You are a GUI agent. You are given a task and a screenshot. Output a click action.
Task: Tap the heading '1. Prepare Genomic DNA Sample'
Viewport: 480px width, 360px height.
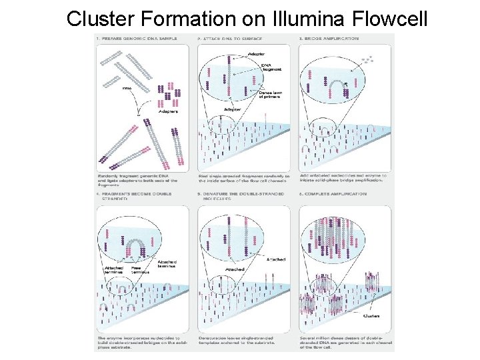tap(137, 39)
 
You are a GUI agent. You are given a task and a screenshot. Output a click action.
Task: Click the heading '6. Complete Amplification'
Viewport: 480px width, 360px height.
tap(333, 194)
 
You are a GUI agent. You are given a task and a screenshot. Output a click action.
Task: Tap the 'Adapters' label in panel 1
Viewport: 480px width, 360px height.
tap(168, 111)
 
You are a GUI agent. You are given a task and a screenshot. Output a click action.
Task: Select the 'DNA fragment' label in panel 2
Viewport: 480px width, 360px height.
tap(272, 67)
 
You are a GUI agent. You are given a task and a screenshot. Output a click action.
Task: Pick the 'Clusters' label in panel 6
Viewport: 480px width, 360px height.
tap(372, 316)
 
